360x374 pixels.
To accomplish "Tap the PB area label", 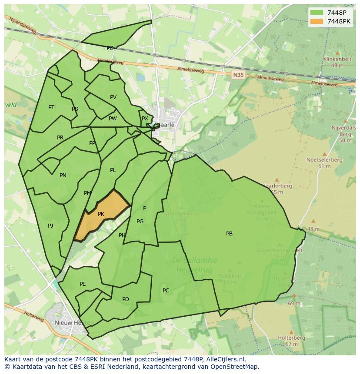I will point(229,234).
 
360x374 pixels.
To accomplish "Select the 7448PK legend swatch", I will point(317,21).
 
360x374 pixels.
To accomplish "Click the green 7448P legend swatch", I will point(317,13).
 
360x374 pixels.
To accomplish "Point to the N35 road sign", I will point(238,75).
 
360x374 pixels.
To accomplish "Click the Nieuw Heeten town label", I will point(74,323).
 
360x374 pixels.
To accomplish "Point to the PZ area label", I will point(110,48).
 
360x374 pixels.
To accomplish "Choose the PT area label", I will point(51,107).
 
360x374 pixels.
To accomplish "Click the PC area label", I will point(166,290).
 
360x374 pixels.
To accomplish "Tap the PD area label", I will point(126,299).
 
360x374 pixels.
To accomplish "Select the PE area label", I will point(83,284).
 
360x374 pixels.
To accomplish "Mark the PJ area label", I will point(50,225).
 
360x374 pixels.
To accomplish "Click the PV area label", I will point(113,97).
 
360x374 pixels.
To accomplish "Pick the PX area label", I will point(145,119).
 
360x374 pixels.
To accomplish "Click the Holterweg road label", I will point(34,316).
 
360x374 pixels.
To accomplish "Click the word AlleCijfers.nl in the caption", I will point(226,359).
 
